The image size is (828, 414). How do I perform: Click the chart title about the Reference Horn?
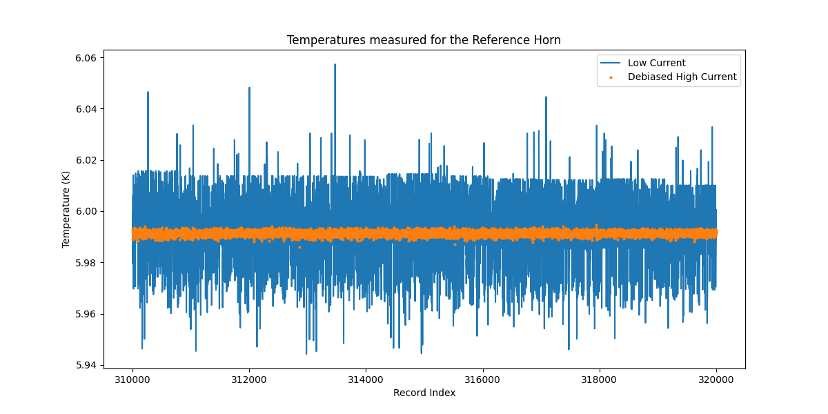[424, 40]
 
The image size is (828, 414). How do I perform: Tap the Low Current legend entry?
[656, 63]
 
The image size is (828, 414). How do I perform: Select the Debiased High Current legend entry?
[682, 77]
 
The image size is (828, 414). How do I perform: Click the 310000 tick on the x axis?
[132, 379]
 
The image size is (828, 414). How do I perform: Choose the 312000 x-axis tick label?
[249, 379]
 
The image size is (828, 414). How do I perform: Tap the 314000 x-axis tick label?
[366, 379]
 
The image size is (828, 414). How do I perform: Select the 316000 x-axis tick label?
[482, 379]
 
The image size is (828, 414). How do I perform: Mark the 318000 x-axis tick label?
[599, 379]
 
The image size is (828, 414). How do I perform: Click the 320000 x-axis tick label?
[716, 379]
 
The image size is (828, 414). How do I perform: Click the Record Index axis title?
[424, 393]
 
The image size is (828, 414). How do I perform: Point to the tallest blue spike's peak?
[335, 65]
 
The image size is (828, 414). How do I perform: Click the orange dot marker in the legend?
[611, 77]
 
